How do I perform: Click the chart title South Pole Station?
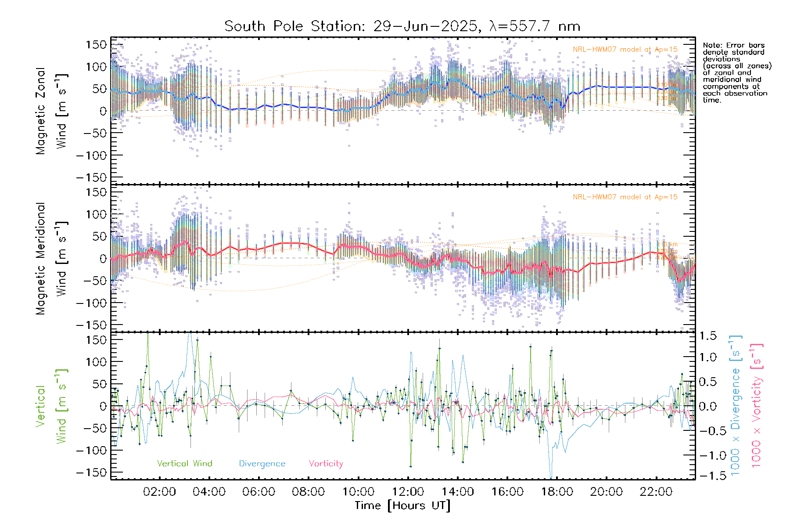point(402,26)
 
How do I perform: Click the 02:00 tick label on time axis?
point(159,492)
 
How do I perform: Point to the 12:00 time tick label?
point(408,492)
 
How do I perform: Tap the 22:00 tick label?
point(656,492)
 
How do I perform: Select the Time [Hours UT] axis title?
point(402,505)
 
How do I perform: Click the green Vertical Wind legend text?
point(184,464)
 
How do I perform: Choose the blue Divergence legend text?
point(262,464)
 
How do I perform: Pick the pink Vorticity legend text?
point(326,464)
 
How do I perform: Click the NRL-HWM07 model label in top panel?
point(625,50)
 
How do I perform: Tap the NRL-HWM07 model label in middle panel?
point(625,197)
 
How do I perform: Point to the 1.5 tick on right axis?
point(708,336)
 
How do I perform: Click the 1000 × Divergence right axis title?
point(736,406)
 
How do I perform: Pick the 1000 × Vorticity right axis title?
point(757,406)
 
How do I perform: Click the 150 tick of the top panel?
point(96,45)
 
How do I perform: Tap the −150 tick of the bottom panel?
point(91,473)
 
